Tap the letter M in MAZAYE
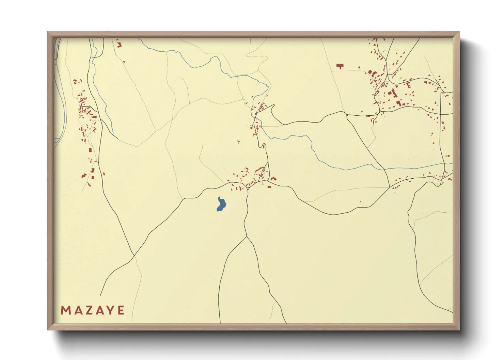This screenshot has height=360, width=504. tap(65, 310)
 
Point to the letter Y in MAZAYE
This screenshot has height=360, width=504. tap(110, 310)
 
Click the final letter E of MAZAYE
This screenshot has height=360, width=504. tap(121, 310)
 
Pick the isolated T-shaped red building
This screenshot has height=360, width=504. tap(340, 66)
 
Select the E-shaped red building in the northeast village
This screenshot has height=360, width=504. tap(409, 85)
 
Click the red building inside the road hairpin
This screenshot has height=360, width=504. tap(264, 146)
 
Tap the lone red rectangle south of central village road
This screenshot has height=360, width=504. tap(269, 187)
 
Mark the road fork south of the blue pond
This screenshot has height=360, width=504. tap(246, 236)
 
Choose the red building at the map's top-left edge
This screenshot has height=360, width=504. tap(119, 44)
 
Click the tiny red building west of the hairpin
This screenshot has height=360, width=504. tap(238, 141)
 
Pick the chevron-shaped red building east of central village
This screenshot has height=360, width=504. tap(273, 178)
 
